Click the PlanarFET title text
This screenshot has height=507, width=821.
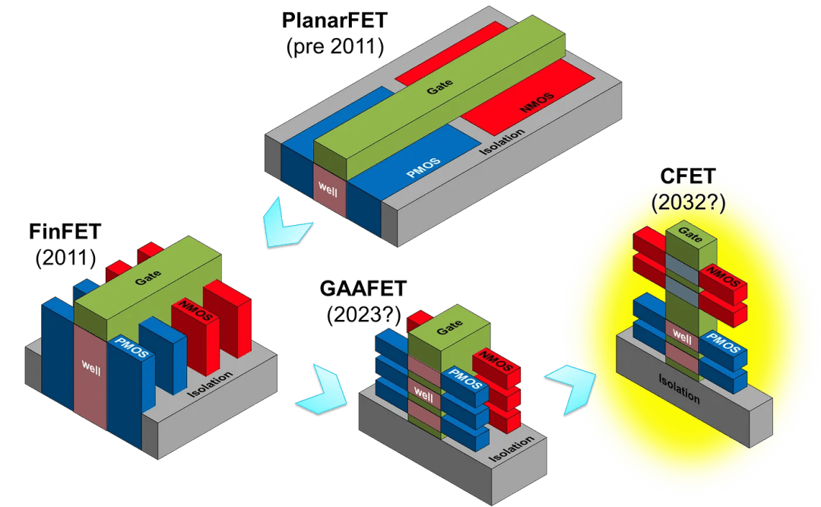point(334,20)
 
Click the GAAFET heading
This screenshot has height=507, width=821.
point(363,289)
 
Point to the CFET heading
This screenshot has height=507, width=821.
point(689,179)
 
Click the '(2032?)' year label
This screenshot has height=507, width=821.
point(689,203)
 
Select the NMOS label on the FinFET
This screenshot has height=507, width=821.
point(186,312)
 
